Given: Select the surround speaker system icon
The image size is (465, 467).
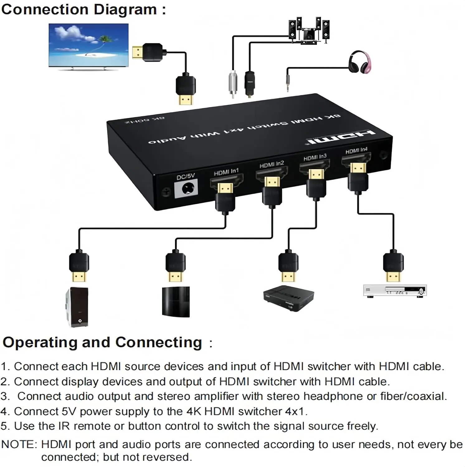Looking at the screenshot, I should click(x=309, y=31).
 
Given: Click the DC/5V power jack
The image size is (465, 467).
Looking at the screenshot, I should click(x=186, y=189).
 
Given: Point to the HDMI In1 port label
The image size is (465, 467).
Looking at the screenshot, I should click(x=226, y=172).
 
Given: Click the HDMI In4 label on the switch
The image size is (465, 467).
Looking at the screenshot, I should click(x=356, y=151).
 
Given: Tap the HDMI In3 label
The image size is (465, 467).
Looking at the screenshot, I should click(x=315, y=158).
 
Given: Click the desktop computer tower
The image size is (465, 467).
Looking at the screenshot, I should click(x=77, y=307).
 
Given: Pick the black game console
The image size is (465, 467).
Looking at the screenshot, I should click(x=176, y=302).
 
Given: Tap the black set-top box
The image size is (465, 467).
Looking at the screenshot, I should click(x=288, y=298).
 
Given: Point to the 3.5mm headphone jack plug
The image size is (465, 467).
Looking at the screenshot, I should click(x=288, y=82).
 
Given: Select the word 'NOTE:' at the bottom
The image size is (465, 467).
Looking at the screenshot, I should click(x=19, y=444).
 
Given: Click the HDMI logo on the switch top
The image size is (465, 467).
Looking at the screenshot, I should click(x=341, y=137).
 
